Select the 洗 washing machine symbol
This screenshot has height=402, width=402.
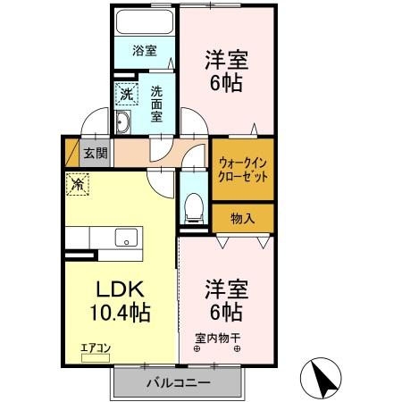point(126,93)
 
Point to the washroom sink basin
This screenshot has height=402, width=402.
point(124,123)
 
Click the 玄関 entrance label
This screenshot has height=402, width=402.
point(96,153)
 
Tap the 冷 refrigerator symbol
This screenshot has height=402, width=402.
point(78,185)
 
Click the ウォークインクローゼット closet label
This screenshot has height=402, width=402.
point(242,170)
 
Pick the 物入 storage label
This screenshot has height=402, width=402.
point(242,217)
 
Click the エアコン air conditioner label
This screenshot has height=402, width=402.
point(96,348)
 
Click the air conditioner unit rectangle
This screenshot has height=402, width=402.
point(96,358)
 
